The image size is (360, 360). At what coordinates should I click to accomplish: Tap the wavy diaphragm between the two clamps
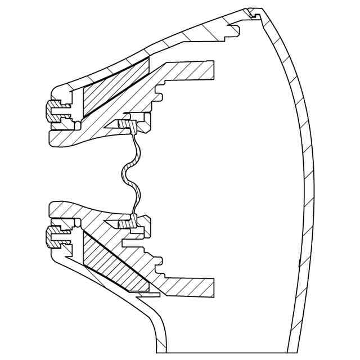tap(130, 172)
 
